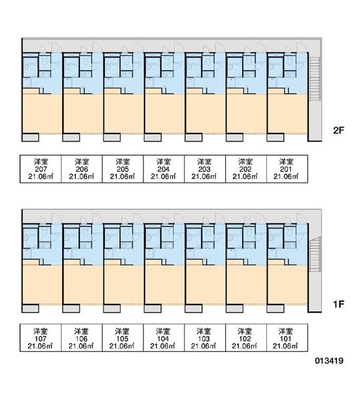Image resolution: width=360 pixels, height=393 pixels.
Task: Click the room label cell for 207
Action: pos(41,169)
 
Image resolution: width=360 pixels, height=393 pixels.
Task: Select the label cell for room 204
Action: pos(164,169)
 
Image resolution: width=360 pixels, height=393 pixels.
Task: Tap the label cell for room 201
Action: pos(287,169)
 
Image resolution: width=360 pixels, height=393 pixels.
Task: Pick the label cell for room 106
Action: pos(82,337)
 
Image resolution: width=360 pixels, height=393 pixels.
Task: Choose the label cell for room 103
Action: pos(205,337)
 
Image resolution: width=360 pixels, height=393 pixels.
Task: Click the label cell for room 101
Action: pos(287,337)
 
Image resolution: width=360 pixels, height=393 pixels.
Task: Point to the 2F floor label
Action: pos(338,130)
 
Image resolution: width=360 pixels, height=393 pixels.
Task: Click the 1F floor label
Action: pos(338,305)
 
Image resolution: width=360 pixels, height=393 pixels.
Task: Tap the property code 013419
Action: pos(329,361)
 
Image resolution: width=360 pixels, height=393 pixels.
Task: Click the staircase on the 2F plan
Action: pos(315,79)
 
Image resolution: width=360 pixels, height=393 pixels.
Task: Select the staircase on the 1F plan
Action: pos(315,254)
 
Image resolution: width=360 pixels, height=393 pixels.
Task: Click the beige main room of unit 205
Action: pos(124,113)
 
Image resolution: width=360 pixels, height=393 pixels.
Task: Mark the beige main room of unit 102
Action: pos(247,285)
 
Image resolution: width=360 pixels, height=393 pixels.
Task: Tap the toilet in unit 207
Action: pos(45,60)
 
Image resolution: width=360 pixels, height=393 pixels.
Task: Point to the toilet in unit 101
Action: pos(290,232)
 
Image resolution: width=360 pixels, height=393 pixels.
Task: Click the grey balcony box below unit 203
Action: pos(193,138)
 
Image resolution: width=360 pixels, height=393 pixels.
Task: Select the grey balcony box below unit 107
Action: pos(30,309)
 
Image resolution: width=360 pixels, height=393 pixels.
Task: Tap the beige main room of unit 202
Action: pos(247,113)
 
